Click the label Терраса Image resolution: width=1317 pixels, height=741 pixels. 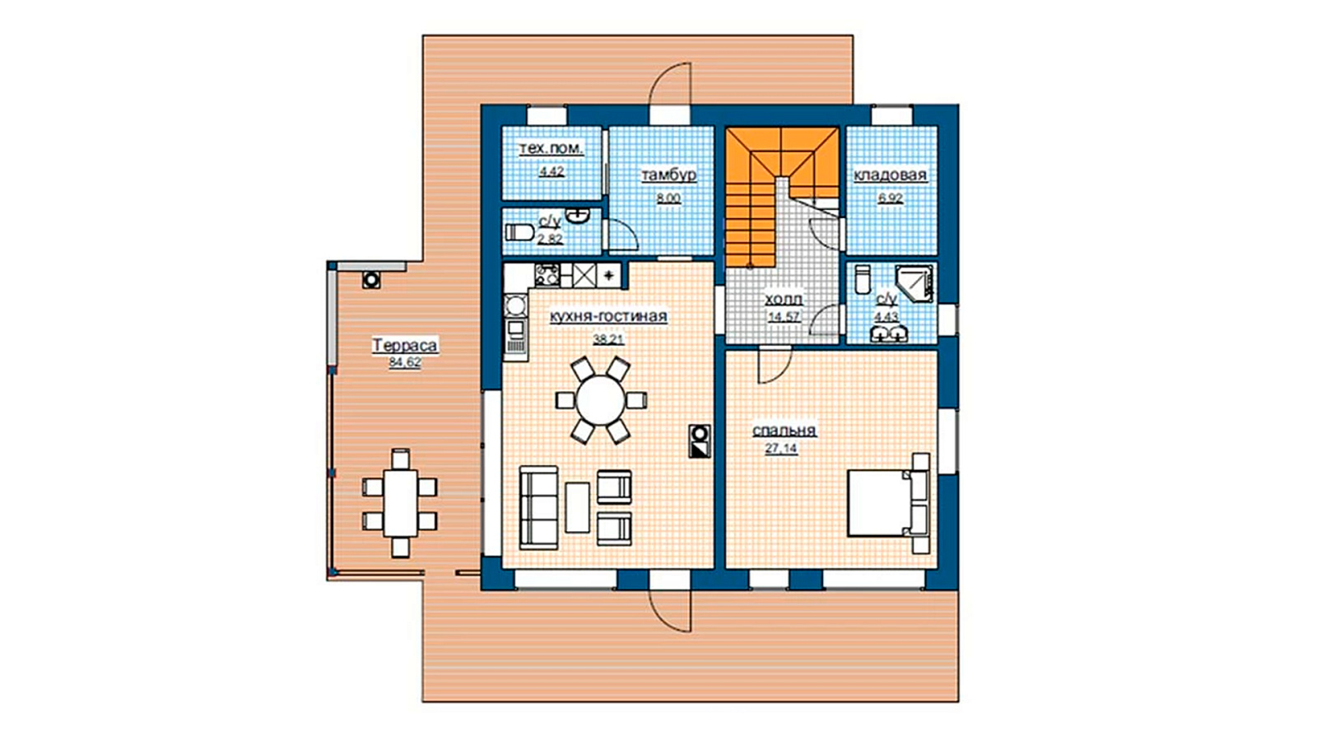pos(405,345)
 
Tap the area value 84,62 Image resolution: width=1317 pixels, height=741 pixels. pos(405,362)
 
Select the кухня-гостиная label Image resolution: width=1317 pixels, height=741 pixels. pos(608,316)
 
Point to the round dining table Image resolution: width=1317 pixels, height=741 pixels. pos(600,400)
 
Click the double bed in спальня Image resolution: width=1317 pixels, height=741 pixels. pos(888,503)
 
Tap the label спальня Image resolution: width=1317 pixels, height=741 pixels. pos(784,431)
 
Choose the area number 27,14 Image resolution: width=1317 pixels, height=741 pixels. pos(781,448)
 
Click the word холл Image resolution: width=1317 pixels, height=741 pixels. pos(784,300)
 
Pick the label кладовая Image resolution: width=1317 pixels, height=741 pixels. pos(890,175)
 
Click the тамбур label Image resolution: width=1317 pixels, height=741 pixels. pos(668,175)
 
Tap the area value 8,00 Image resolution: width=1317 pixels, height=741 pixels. pos(668,198)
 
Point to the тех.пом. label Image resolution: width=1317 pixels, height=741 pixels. pos(551,149)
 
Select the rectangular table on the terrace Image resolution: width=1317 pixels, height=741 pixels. pos(400,503)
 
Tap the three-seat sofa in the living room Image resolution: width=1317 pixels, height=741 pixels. pos(538,508)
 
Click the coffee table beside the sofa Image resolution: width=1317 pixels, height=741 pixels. pos(577,507)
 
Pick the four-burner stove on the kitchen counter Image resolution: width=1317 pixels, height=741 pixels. pos(547,275)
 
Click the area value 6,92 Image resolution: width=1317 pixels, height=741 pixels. pos(890,198)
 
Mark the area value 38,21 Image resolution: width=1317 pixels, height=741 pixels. pos(608,339)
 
